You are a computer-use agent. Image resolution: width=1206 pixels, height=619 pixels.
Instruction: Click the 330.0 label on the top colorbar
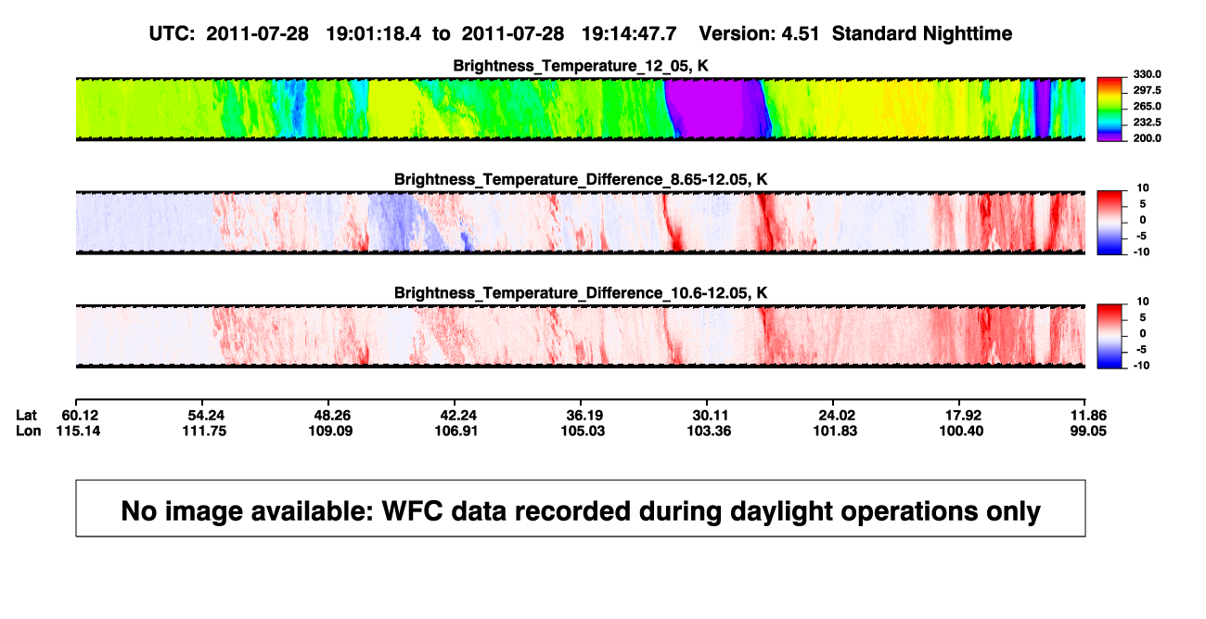(x=1147, y=74)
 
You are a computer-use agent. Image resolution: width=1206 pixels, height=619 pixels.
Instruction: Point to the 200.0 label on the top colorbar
(x=1147, y=138)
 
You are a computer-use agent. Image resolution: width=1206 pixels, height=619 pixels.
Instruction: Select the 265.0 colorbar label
(x=1147, y=106)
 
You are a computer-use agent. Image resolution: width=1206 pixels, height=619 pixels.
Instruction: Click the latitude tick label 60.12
(x=80, y=416)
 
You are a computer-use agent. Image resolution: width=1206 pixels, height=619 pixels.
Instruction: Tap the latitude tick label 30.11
(x=710, y=416)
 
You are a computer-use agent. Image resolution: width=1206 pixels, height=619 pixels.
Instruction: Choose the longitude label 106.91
(x=456, y=431)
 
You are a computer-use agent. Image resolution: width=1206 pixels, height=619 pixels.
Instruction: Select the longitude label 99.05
(x=1088, y=431)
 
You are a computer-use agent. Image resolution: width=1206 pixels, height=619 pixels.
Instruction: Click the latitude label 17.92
(x=964, y=416)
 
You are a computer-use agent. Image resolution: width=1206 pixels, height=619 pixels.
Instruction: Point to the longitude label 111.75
(x=204, y=431)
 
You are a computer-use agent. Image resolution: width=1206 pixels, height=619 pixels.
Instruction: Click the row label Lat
(x=26, y=416)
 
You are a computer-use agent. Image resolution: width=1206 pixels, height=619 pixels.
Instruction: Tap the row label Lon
(x=28, y=431)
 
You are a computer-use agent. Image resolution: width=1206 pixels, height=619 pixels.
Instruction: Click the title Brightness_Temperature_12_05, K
(x=581, y=66)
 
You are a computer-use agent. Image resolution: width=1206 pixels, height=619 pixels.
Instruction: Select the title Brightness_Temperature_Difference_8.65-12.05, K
(x=581, y=179)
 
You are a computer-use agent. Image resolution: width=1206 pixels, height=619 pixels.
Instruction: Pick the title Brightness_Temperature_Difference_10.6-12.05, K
(x=581, y=293)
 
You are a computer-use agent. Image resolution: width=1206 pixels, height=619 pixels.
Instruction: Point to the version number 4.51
(x=801, y=34)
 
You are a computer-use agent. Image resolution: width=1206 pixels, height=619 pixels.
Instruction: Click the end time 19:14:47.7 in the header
(x=629, y=34)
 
